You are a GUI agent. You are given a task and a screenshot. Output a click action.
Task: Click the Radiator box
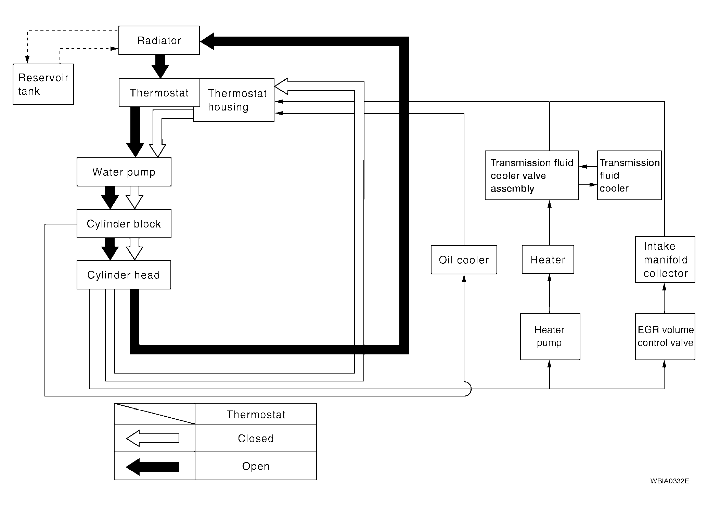click(x=159, y=40)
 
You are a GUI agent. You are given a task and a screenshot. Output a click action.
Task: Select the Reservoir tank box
click(x=43, y=84)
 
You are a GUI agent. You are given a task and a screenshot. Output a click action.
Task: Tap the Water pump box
click(x=124, y=172)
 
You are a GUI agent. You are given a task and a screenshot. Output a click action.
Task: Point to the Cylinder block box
click(x=124, y=223)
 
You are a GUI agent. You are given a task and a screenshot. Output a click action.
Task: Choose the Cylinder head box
click(x=124, y=275)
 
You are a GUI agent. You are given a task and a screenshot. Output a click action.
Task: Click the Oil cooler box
click(x=464, y=260)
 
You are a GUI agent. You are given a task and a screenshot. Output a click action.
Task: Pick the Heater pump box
click(x=550, y=336)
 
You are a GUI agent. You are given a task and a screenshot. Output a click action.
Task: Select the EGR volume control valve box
click(x=665, y=336)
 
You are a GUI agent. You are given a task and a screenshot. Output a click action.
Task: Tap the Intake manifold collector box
click(x=665, y=259)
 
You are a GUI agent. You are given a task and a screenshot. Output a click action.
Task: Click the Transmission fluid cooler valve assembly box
click(x=532, y=175)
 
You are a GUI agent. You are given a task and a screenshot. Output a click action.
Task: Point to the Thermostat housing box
click(x=237, y=100)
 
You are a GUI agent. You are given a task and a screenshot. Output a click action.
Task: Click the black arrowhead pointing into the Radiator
click(x=207, y=41)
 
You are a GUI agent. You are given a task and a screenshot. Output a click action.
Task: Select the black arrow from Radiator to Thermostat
click(x=160, y=66)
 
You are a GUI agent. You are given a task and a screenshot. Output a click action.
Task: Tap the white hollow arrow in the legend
click(x=153, y=438)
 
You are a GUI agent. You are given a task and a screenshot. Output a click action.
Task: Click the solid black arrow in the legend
click(x=153, y=466)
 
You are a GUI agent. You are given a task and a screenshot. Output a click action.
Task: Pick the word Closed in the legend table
click(x=256, y=438)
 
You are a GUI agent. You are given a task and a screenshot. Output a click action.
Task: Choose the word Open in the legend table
click(x=256, y=466)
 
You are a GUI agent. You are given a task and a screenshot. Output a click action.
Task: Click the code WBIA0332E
click(x=669, y=481)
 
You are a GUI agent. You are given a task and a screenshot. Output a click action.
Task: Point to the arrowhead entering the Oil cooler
click(x=464, y=278)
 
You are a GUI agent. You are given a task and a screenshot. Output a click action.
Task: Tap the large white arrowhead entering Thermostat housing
click(x=282, y=86)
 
